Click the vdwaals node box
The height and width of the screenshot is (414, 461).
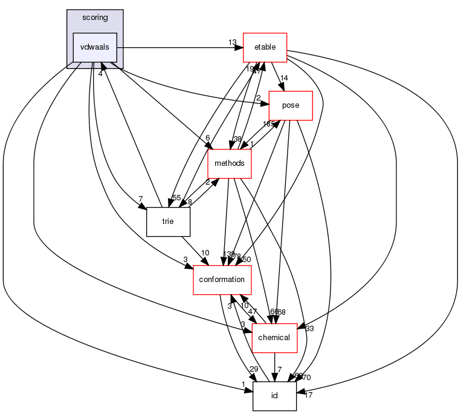(x=95, y=47)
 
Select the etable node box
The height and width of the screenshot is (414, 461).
(x=264, y=47)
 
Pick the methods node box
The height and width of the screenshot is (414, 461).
(x=229, y=163)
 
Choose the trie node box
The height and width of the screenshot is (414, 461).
(x=168, y=222)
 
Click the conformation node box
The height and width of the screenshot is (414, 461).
(x=222, y=279)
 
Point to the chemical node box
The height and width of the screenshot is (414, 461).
(x=275, y=337)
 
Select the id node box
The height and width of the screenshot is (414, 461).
(x=274, y=395)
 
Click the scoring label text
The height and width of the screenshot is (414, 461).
(x=95, y=18)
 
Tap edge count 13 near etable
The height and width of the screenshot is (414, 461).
(x=233, y=42)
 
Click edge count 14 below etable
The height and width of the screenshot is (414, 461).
(x=283, y=78)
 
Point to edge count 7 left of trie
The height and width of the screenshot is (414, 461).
(x=140, y=199)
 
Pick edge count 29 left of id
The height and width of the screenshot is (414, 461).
(x=254, y=369)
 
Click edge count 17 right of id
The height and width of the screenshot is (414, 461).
(x=309, y=396)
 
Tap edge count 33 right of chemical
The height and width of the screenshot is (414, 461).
(x=309, y=329)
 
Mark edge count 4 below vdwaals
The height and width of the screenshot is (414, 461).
(x=100, y=74)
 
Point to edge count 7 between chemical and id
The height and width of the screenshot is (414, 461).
(x=279, y=369)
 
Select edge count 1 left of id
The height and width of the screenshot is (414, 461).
(x=242, y=384)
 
